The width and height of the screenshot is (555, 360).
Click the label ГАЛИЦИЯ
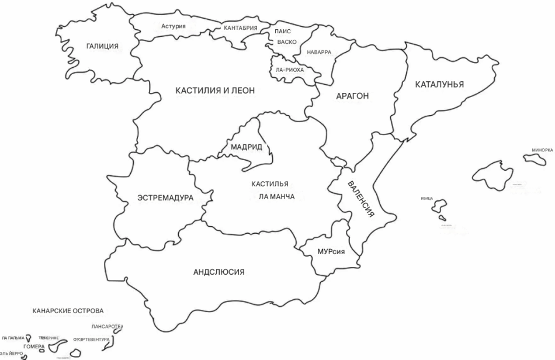102,46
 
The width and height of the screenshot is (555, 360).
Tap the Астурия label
174,26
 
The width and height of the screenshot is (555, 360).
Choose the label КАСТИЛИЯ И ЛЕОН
216,91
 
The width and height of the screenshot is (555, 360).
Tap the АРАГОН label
352,96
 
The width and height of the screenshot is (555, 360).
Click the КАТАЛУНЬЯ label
439,85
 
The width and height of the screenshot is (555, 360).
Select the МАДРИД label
247,147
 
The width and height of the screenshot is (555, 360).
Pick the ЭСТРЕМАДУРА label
165,198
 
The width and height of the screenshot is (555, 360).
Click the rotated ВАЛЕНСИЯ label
360,199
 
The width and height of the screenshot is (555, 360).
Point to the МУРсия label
331,251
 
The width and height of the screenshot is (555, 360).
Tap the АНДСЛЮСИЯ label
218,272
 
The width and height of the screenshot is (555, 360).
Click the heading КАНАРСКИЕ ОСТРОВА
68,310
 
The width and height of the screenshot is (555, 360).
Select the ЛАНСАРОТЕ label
106,327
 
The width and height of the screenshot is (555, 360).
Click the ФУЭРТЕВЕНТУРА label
92,339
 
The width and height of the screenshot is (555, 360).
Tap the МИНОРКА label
542,150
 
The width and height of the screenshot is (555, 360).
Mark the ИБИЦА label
426,199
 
